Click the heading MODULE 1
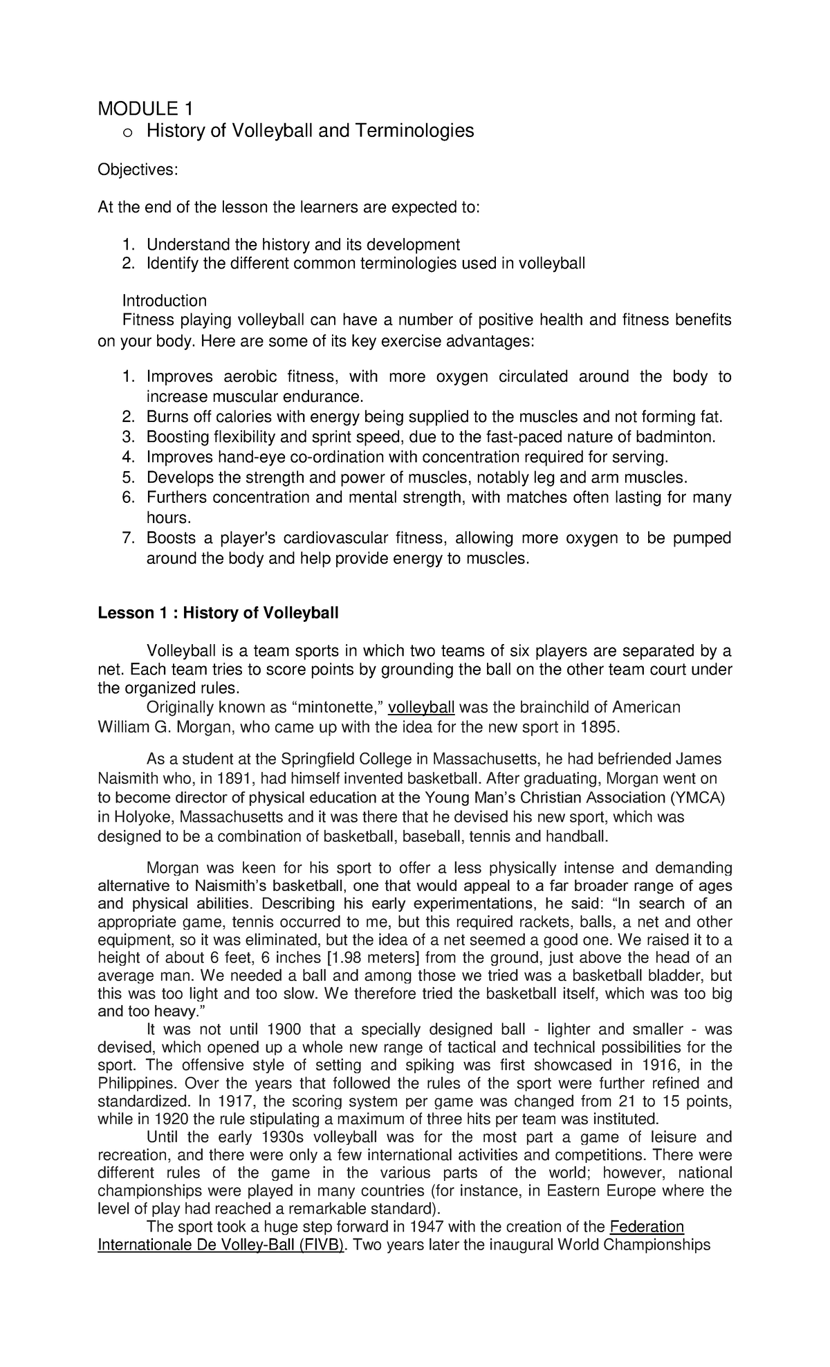[145, 109]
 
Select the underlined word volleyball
[421, 708]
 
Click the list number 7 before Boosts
[127, 538]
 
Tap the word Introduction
[165, 301]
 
